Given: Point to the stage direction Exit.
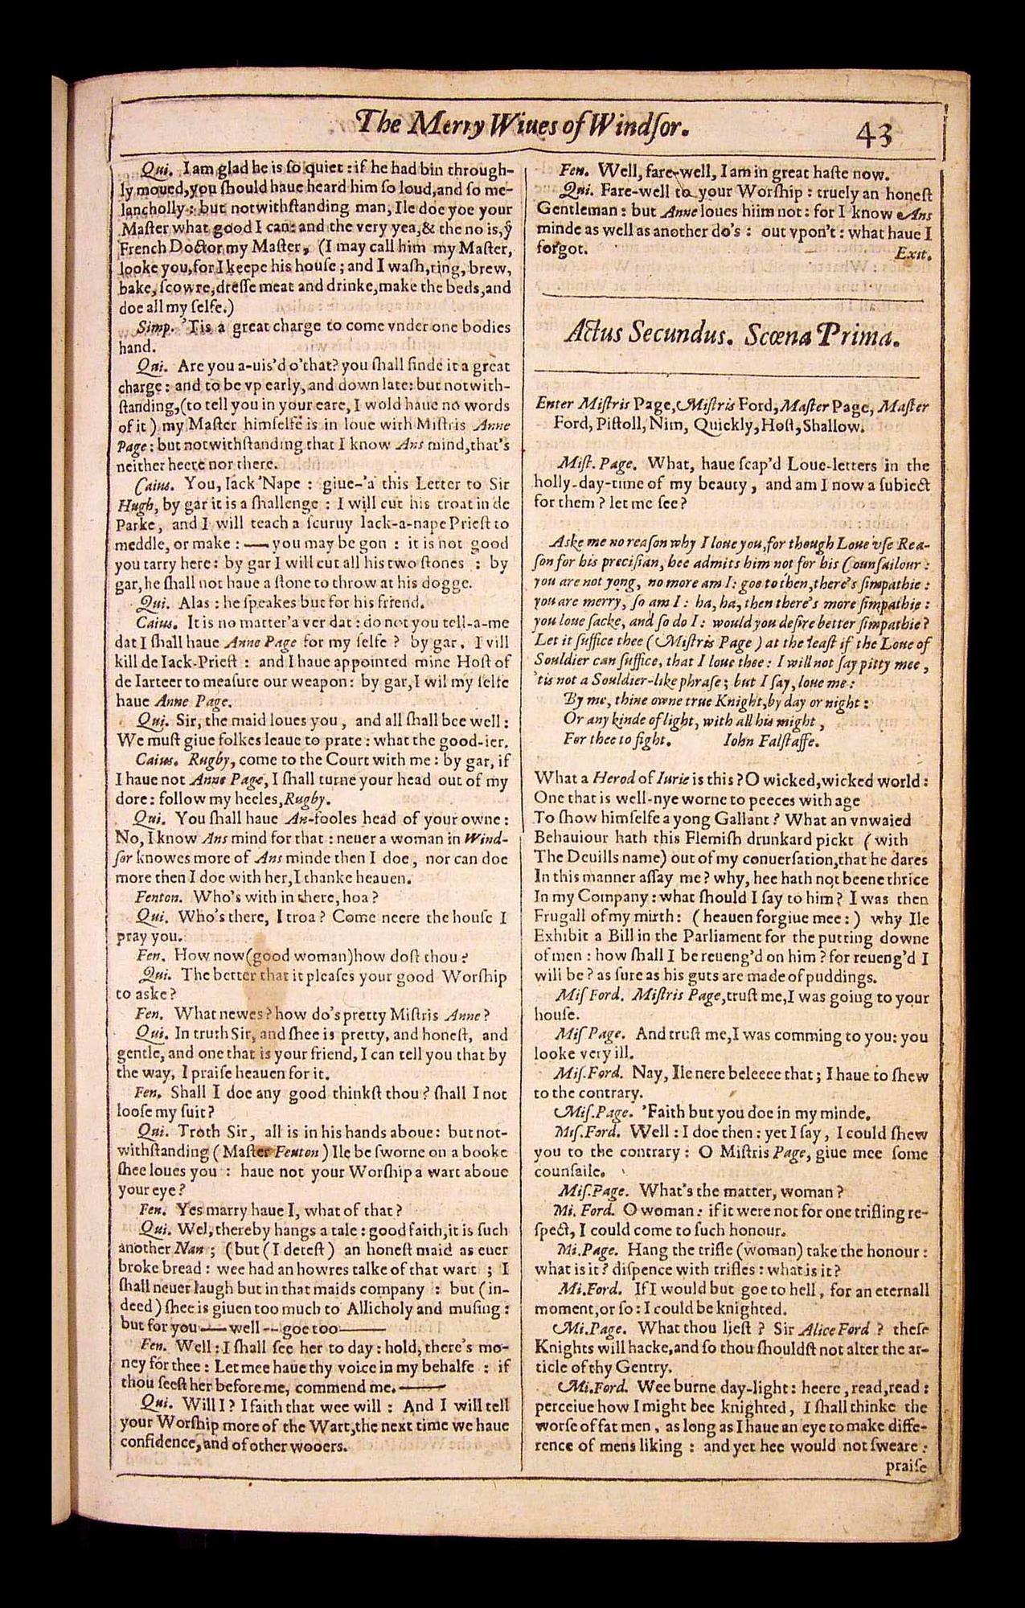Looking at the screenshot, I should pyautogui.click(x=914, y=255).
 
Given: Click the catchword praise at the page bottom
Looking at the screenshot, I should pyautogui.click(x=906, y=1465).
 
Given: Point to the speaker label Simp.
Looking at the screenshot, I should pyautogui.click(x=151, y=327).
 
